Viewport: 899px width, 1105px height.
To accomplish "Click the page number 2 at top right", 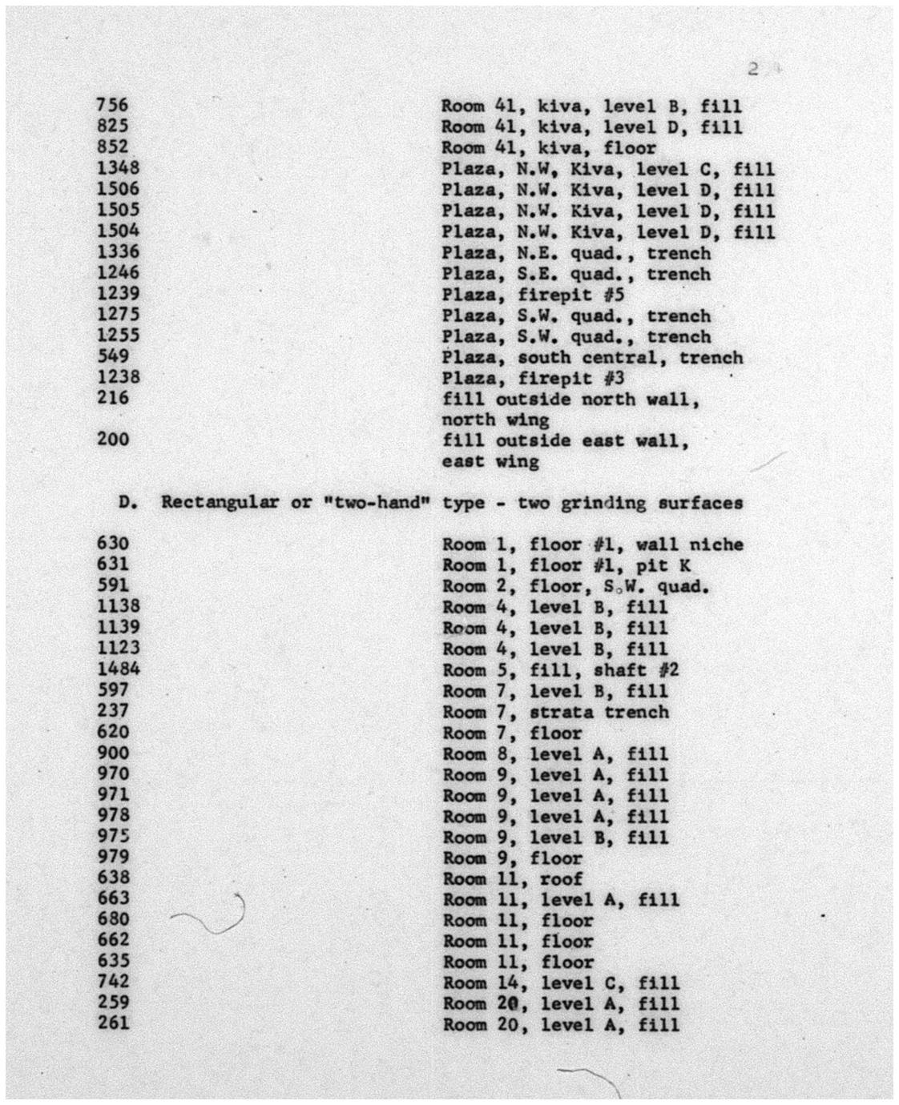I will [x=752, y=69].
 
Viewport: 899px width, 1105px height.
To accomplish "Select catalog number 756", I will [x=112, y=105].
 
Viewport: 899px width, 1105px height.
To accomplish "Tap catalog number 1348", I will [x=118, y=167].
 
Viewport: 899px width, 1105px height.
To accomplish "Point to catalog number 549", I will [x=112, y=356].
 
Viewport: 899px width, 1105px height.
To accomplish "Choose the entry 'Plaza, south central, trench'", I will [x=592, y=357].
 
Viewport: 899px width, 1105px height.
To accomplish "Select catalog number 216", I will [x=112, y=398].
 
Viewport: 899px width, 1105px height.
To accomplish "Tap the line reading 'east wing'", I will [x=490, y=461].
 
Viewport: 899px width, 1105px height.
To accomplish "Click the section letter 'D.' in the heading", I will [x=129, y=502].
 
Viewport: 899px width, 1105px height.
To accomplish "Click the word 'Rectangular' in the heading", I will [x=220, y=502].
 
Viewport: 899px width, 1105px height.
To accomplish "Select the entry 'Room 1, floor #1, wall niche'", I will [x=592, y=544].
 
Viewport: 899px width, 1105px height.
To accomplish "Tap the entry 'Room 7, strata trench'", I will [x=555, y=712].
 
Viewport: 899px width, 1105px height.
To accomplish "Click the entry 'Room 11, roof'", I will [x=513, y=878].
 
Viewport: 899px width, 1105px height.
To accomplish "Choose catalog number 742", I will [x=112, y=981].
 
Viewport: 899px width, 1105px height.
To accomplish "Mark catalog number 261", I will [x=112, y=1023].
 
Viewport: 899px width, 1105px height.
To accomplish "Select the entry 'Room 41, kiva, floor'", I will [x=549, y=148].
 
